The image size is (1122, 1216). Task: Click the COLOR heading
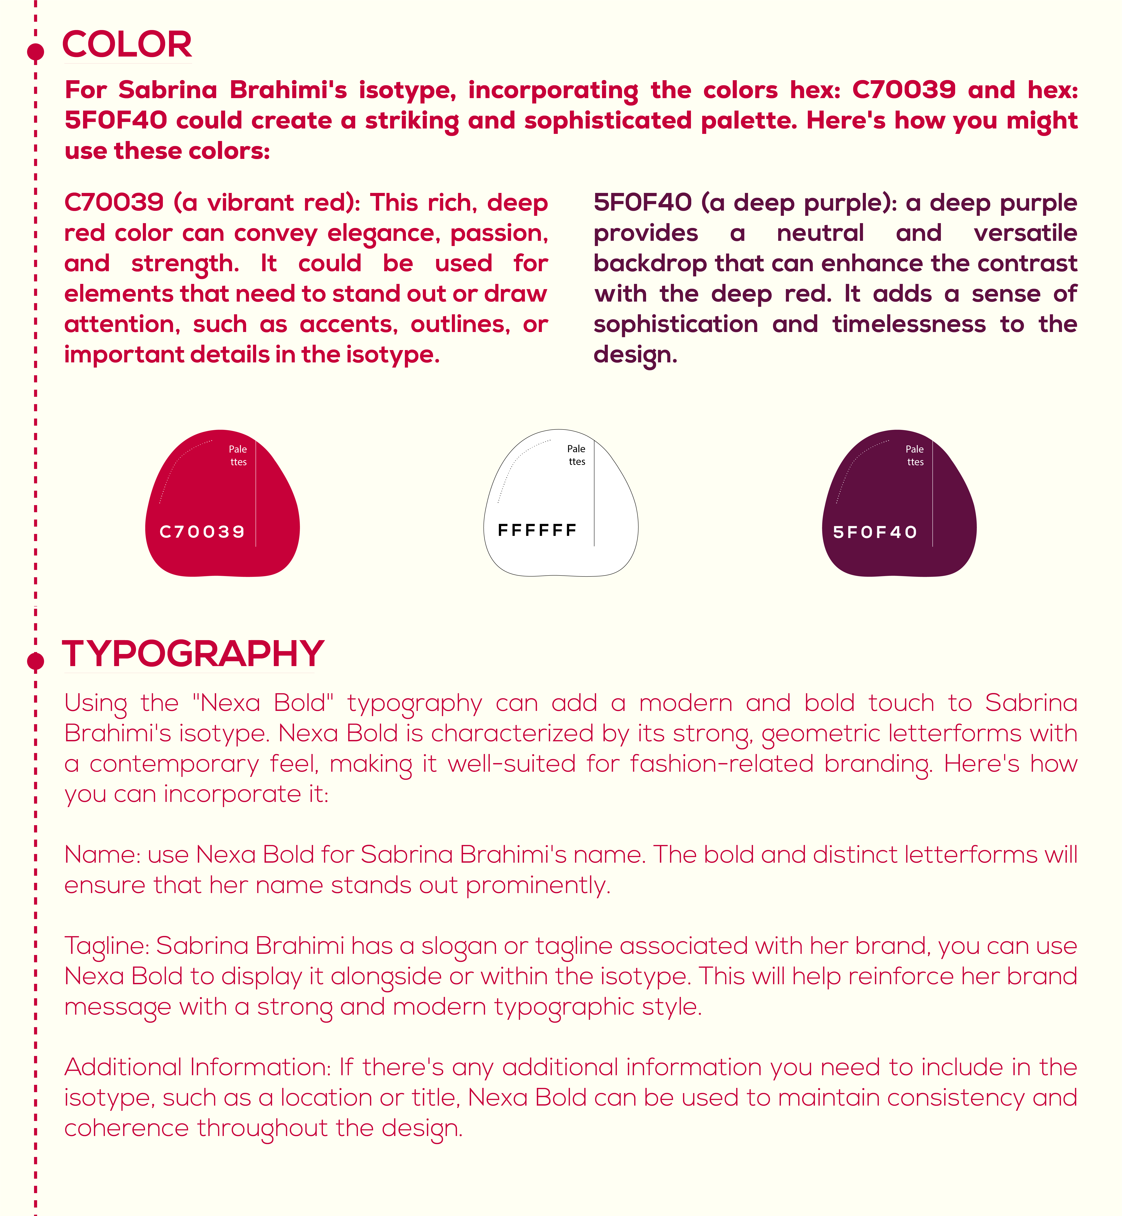click(127, 44)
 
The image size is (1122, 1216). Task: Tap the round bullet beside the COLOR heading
click(36, 52)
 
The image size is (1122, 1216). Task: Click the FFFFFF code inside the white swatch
click(537, 530)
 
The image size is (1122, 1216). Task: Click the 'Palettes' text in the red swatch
click(238, 455)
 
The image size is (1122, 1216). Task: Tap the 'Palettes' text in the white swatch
click(576, 455)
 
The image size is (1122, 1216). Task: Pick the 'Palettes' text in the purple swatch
click(915, 455)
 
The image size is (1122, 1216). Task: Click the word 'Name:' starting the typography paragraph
click(102, 855)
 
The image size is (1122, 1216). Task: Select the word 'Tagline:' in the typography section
click(107, 946)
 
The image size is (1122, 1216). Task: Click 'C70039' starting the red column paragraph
click(114, 202)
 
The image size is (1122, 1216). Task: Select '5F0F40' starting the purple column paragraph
click(642, 202)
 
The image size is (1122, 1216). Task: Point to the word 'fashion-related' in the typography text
click(722, 763)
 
